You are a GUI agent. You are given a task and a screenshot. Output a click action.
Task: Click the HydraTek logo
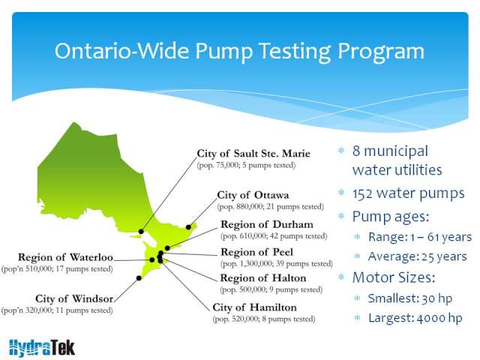pyautogui.click(x=42, y=348)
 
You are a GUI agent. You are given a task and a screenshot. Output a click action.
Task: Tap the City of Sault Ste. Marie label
pyautogui.click(x=253, y=153)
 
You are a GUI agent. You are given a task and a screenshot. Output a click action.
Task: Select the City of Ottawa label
pyautogui.click(x=253, y=195)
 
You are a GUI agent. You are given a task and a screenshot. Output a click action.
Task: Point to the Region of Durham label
pyautogui.click(x=267, y=224)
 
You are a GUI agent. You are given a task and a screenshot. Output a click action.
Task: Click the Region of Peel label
pyautogui.click(x=256, y=252)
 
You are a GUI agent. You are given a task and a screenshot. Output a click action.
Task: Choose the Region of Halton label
pyautogui.click(x=263, y=278)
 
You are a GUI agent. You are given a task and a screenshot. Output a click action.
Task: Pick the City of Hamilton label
pyautogui.click(x=255, y=307)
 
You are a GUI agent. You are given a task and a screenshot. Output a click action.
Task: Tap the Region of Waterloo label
pyautogui.click(x=65, y=257)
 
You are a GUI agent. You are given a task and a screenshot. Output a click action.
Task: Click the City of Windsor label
pyautogui.click(x=74, y=298)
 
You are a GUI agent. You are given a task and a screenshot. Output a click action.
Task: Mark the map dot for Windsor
pyautogui.click(x=139, y=278)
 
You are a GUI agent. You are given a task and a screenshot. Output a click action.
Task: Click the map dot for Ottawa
pyautogui.click(x=188, y=227)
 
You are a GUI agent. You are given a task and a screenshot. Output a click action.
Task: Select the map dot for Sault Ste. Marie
pyautogui.click(x=141, y=232)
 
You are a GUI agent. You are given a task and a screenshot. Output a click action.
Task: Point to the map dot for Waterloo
pyautogui.click(x=152, y=260)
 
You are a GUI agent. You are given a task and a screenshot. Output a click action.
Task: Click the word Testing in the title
pyautogui.click(x=295, y=51)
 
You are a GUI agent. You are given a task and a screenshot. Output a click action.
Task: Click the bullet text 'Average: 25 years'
pyautogui.click(x=418, y=256)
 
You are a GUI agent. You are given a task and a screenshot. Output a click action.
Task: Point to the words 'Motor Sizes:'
pyautogui.click(x=394, y=277)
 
